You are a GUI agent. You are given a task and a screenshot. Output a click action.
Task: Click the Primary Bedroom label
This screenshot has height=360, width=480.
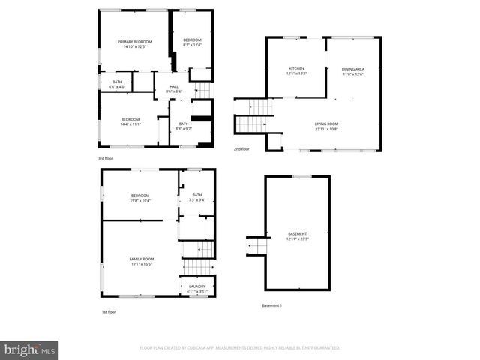pos(134,44)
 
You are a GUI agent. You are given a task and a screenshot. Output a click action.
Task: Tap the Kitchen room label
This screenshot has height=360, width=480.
pos(295,70)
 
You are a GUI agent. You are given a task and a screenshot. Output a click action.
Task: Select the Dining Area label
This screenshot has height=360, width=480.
pos(352,71)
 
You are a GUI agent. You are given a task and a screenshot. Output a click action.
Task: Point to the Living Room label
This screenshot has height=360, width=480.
pos(326,127)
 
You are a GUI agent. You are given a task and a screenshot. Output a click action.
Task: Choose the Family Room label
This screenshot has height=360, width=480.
pos(142,261)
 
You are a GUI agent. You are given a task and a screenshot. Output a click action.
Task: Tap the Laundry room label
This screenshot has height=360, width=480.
pos(197,288)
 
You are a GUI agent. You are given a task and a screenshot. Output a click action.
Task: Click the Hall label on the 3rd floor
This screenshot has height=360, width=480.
pos(173,88)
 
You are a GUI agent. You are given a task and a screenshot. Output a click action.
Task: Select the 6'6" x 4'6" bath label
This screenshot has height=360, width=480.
pos(117,84)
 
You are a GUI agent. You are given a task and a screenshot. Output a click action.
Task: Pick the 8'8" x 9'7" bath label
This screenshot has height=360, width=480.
pos(184,126)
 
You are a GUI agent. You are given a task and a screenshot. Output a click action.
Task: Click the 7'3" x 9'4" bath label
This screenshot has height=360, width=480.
pos(196,197)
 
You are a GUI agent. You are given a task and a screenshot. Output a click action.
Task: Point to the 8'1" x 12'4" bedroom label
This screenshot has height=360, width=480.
pos(193,42)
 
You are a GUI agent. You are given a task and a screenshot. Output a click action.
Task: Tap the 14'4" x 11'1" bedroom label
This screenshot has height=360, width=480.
pos(130,121)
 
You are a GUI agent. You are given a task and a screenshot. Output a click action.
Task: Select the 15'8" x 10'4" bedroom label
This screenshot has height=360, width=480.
pos(141,198)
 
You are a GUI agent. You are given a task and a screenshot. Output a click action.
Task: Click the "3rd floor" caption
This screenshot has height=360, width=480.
pos(105,159)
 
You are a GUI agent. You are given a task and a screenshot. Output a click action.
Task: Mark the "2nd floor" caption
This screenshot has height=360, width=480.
pos(241,149)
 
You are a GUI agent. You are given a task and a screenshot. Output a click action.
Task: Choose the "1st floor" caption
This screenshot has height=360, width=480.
pos(109,311)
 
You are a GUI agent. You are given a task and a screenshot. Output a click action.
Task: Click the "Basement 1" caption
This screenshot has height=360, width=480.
pos(271,305)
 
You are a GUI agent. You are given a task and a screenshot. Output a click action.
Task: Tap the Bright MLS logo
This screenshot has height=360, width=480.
pos(29,349)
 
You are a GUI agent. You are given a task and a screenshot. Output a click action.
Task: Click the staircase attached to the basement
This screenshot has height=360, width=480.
pos(257,245)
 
